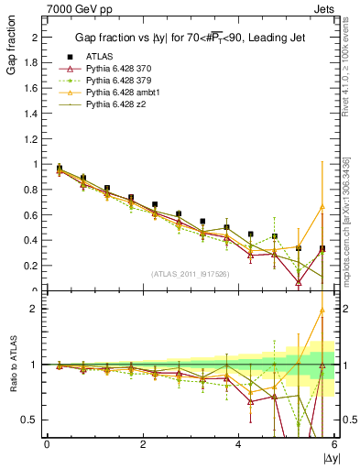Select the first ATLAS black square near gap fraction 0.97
click(x=60, y=169)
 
